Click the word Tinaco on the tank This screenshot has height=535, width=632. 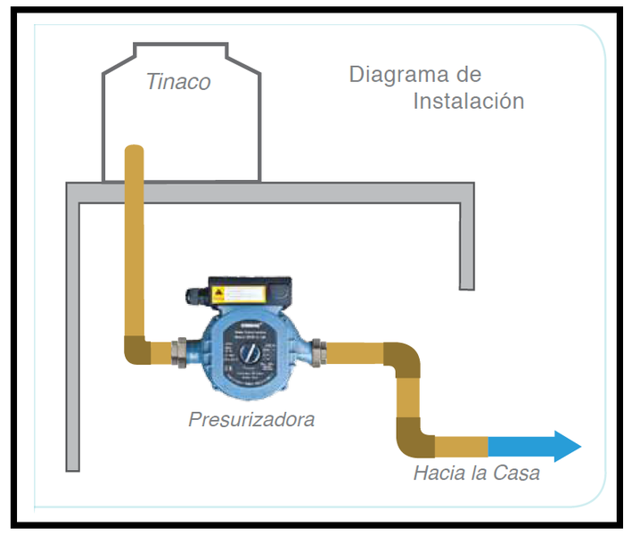coord(179,82)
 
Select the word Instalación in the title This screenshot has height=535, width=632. coord(468,101)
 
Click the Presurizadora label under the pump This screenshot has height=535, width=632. coord(251,418)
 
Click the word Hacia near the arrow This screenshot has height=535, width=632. coord(439,473)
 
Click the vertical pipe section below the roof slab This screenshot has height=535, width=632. coord(135,267)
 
